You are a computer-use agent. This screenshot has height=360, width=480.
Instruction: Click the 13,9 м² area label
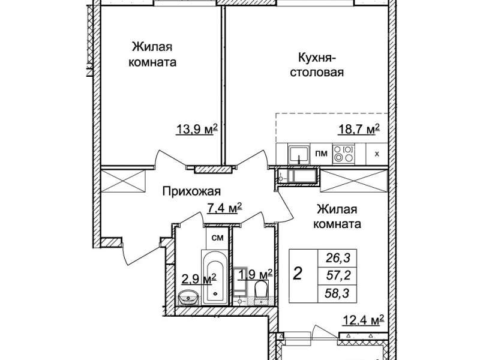coord(197,129)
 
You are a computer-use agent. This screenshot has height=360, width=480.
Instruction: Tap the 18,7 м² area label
coord(359,129)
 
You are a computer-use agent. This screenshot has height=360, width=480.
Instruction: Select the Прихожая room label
coord(191,191)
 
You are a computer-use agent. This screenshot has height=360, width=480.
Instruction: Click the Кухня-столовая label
coord(317,65)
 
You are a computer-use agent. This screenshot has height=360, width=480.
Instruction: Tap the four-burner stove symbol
coord(343,154)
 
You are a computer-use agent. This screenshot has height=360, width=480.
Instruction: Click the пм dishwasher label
coord(322,153)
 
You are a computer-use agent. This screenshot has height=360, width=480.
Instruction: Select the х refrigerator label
coord(377,154)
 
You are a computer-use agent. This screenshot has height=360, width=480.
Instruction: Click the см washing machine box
coord(217,238)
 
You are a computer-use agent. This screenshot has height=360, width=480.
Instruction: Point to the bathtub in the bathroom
coord(215,277)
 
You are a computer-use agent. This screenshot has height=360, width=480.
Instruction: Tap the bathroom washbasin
coord(188,298)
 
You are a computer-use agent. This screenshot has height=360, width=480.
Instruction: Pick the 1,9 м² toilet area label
coord(256,274)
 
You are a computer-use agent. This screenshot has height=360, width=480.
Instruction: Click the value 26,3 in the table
coord(338,258)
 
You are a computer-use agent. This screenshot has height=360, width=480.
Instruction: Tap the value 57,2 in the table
coord(338,276)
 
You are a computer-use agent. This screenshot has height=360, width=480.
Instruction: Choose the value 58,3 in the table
coord(338,294)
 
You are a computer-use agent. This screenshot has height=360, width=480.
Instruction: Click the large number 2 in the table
coord(298,274)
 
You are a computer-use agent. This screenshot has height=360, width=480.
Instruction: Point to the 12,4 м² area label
coord(363,322)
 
